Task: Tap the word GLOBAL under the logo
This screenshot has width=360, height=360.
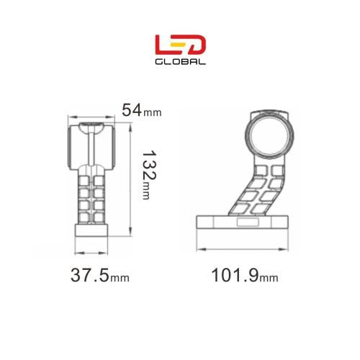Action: pos(181,61)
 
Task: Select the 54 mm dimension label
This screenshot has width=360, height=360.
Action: pos(141,110)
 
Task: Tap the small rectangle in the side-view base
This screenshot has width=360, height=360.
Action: pos(246,223)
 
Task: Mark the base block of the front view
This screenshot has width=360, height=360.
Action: pos(92,231)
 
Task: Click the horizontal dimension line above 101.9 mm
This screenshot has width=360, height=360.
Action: pos(245,250)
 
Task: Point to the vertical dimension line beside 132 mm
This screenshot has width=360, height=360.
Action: pos(130,179)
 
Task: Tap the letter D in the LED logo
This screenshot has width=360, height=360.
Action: pos(197,44)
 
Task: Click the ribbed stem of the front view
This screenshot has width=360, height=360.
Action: pos(92,194)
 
